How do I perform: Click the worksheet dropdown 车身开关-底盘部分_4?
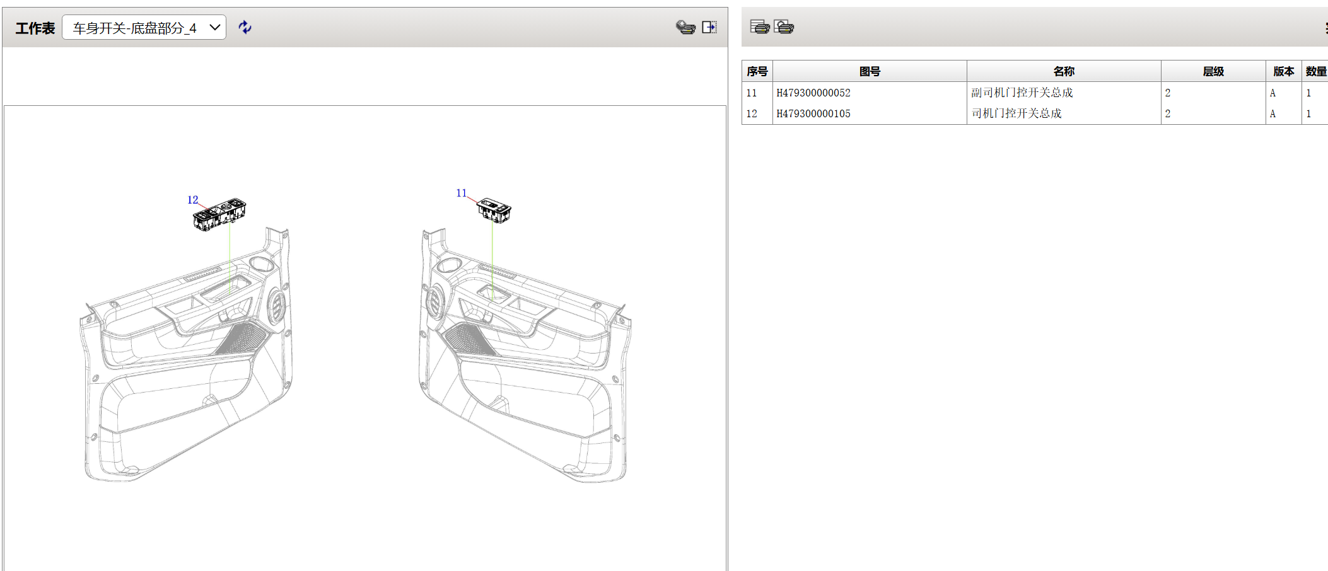(144, 28)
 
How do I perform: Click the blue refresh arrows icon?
(245, 27)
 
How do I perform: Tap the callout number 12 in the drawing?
(192, 200)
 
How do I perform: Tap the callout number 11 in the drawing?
(461, 193)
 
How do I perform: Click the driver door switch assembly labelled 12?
(219, 215)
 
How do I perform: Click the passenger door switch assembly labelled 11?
(494, 210)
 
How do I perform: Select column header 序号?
(757, 71)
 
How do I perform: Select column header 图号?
(870, 71)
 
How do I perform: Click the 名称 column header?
(1064, 71)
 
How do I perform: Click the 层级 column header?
(1213, 71)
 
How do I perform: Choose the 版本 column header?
(1283, 71)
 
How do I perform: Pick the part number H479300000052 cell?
(813, 93)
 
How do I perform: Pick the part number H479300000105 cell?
(813, 113)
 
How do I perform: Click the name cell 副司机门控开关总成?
(1022, 93)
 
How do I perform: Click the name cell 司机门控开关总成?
(1016, 113)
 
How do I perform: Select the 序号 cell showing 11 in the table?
(752, 93)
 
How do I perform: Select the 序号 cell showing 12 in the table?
(752, 113)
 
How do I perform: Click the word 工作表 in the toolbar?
(35, 28)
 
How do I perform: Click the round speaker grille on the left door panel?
(276, 306)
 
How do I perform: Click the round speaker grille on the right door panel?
(434, 301)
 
